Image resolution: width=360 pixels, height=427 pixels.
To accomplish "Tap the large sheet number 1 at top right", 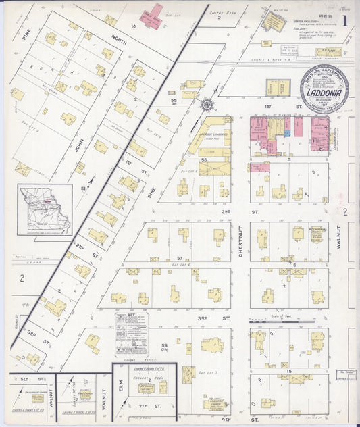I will pyautogui.click(x=345, y=20).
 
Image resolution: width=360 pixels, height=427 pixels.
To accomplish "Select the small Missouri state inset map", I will pyautogui.click(x=45, y=209).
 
